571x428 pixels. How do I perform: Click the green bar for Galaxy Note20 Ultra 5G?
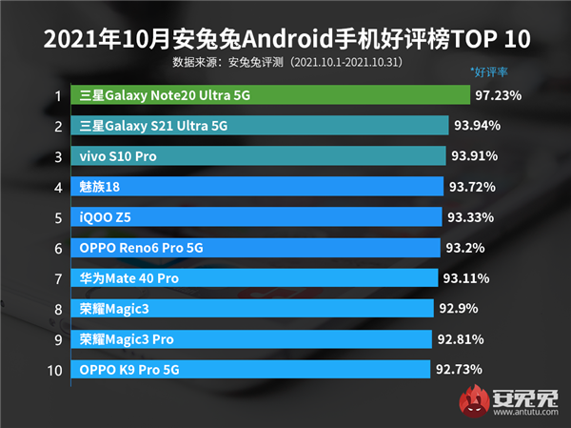[x=271, y=95]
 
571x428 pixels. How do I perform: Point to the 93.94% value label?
[x=478, y=126]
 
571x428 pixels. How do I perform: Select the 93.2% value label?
[x=465, y=248]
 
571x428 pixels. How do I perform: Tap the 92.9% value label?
[x=462, y=309]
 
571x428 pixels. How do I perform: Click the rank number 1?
[x=57, y=95]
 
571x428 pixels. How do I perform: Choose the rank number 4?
[x=57, y=187]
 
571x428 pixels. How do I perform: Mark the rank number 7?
[x=57, y=278]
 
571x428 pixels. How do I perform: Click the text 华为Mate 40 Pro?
[x=128, y=278]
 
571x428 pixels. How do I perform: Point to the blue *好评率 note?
[x=489, y=72]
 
